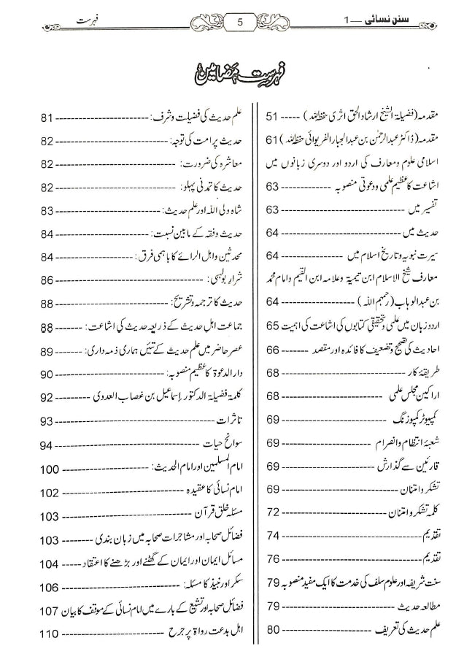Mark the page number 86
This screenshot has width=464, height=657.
49,280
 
